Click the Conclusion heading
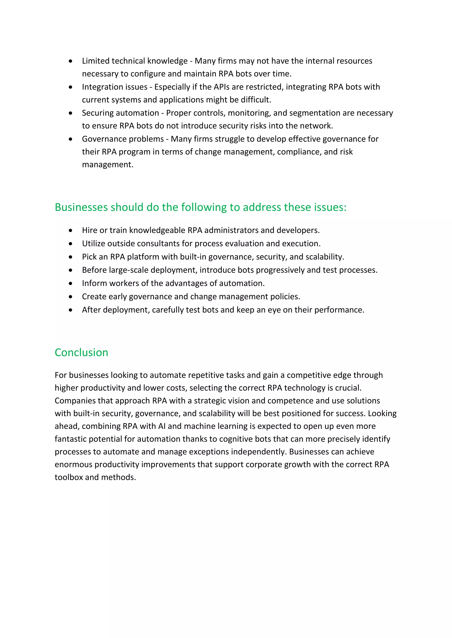(81, 352)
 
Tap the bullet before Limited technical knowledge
(71, 61)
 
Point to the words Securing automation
(120, 113)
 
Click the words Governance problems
(123, 139)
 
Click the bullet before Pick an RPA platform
(71, 257)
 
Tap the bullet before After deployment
(71, 310)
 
